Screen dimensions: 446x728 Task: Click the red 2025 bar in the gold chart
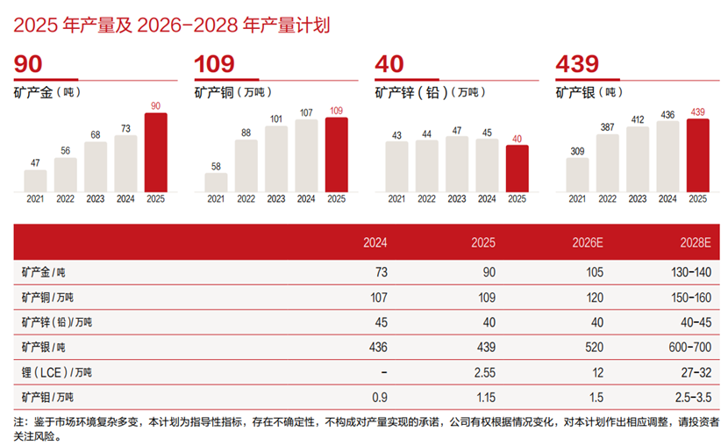click(x=155, y=152)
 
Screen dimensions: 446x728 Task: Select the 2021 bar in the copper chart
click(x=216, y=182)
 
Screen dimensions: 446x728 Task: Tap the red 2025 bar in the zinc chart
click(x=517, y=168)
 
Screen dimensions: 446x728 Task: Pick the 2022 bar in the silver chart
click(x=607, y=162)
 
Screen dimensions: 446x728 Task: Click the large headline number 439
click(x=577, y=65)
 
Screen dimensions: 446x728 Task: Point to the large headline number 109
click(x=216, y=65)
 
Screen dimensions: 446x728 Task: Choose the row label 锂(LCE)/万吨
click(x=54, y=372)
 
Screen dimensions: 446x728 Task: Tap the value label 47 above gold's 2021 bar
click(x=35, y=162)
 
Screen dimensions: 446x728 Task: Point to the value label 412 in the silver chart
click(x=638, y=119)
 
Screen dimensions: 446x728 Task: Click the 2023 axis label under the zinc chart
click(x=457, y=199)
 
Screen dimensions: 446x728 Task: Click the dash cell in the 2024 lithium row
click(x=382, y=372)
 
